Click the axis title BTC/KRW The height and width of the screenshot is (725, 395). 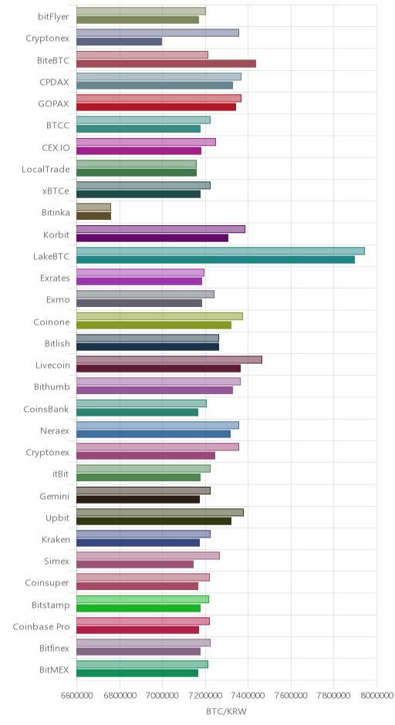pos(227,711)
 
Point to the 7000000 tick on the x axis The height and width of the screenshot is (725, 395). pos(162,696)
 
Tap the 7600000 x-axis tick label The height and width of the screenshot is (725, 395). pos(291,696)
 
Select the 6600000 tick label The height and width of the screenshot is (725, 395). pos(76,696)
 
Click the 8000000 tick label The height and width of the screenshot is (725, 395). pos(376,696)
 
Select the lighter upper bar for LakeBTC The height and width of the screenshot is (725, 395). pos(220,251)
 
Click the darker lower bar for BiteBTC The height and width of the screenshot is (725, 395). pos(166,64)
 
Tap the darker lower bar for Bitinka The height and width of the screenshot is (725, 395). pos(93,216)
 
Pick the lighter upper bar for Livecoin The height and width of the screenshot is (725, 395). pos(169,359)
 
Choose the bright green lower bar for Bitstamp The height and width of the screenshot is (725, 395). pos(138,608)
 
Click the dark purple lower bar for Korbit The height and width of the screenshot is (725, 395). pos(152,238)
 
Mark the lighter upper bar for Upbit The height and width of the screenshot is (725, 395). pos(160,512)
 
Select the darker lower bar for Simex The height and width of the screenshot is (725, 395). pos(134,565)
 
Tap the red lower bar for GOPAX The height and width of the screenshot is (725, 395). pos(156,107)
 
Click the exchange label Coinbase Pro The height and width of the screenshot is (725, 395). pos(41,627)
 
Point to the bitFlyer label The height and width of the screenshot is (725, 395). pos(54,17)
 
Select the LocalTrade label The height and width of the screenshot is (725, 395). pos(46,169)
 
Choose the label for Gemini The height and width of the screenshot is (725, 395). pos(55,497)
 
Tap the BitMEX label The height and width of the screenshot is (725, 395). pos(55,670)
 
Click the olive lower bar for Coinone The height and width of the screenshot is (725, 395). pos(154,325)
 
